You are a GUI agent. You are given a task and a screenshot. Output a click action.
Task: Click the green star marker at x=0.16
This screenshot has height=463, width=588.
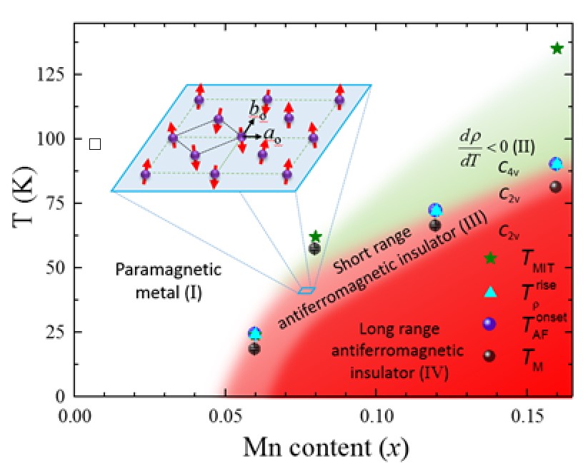(557, 48)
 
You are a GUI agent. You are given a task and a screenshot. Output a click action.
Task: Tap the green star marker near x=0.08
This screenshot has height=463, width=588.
(315, 236)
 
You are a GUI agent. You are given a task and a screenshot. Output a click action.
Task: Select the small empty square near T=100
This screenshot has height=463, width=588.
(95, 144)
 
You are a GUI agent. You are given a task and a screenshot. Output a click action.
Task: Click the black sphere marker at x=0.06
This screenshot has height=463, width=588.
(254, 349)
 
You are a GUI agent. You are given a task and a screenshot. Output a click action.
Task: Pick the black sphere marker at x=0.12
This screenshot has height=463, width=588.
(435, 225)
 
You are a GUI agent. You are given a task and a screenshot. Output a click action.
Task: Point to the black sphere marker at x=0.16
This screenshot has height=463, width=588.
(556, 187)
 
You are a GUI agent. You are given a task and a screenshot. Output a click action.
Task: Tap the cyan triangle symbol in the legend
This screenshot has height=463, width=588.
(489, 291)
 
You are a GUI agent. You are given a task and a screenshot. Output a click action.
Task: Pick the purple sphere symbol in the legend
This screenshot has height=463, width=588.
(489, 323)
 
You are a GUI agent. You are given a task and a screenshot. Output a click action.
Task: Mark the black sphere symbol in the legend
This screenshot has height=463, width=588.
(489, 356)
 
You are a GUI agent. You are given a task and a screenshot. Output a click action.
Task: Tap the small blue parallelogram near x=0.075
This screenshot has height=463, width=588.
(306, 290)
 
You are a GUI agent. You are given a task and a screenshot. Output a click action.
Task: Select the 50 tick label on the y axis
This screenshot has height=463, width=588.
(57, 268)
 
